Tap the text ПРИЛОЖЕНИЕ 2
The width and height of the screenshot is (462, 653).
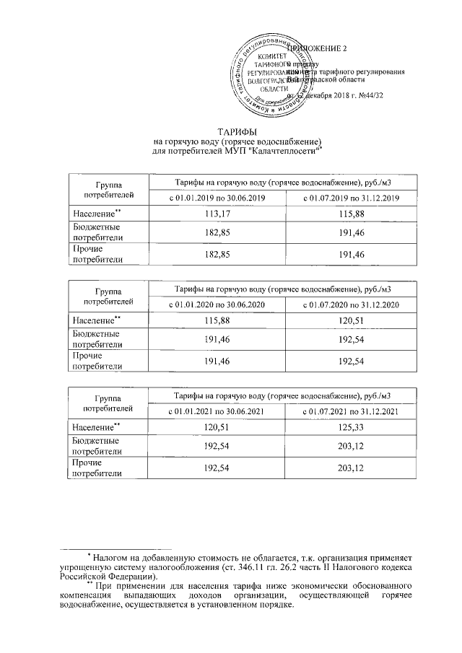point(318,48)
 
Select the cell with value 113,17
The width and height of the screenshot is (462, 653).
point(217,214)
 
